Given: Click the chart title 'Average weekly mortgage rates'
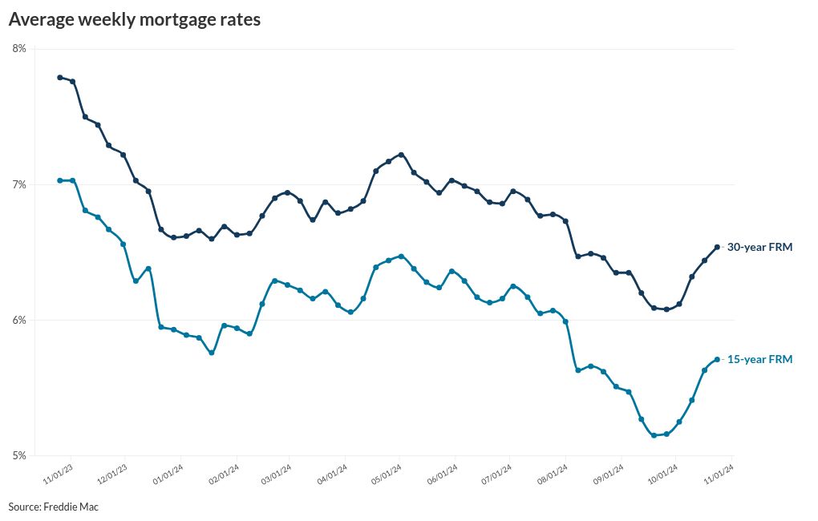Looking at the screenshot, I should point(135,21).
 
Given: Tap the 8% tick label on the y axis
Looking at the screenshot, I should point(19,49).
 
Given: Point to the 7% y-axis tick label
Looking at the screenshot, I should point(19,185).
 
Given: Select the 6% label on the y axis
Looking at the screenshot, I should point(19,321).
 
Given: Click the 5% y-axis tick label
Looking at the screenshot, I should point(19,456).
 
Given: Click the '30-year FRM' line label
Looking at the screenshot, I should point(759,248).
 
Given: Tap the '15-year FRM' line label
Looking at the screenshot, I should point(759,360).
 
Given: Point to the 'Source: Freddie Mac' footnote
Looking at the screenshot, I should point(54,507).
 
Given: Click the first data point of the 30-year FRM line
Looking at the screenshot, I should point(60,78).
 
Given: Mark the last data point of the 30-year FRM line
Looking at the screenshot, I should point(717,247).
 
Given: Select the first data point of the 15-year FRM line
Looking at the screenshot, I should point(60,180).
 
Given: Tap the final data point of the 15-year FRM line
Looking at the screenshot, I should point(717,359).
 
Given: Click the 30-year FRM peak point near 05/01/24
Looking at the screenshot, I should point(401,155).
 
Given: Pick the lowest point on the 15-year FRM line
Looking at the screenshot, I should point(654,435).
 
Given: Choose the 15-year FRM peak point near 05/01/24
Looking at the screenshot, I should point(401,256).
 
